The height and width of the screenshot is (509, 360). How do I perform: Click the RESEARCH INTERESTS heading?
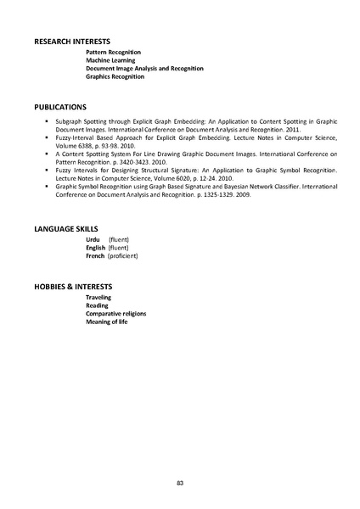(72, 41)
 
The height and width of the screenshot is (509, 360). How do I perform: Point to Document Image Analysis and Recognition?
(144, 69)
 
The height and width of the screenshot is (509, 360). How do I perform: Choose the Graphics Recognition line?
(115, 76)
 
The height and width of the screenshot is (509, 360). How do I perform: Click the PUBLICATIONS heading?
(60, 108)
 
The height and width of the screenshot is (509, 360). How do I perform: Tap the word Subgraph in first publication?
(69, 123)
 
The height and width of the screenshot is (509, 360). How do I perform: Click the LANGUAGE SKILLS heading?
(65, 229)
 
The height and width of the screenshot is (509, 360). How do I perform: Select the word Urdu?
(93, 241)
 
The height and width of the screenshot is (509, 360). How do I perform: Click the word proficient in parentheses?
(123, 255)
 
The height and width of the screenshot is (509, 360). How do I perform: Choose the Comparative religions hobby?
(115, 314)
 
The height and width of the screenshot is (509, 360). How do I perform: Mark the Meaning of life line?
(109, 322)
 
